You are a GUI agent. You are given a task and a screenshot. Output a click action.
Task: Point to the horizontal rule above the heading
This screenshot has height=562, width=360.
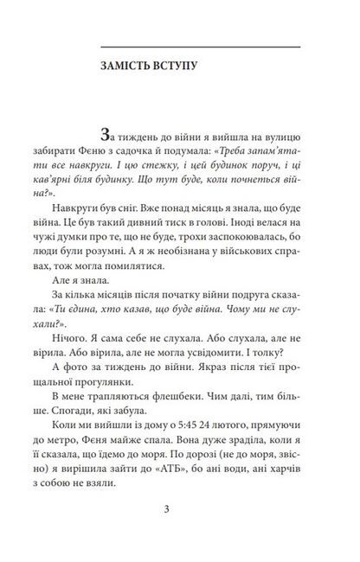pyautogui.click(x=201, y=45)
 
